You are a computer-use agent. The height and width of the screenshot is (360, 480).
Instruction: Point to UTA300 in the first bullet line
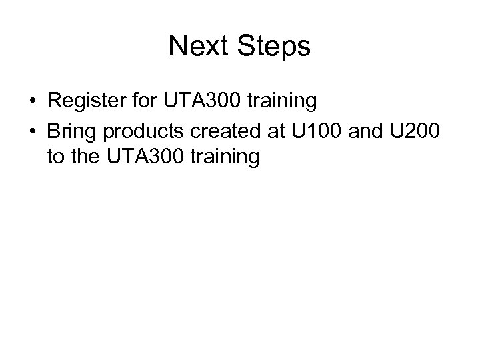(188, 101)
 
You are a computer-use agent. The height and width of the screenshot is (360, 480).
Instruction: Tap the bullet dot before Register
(33, 102)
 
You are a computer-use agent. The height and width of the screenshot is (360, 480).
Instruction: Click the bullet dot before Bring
(33, 131)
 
